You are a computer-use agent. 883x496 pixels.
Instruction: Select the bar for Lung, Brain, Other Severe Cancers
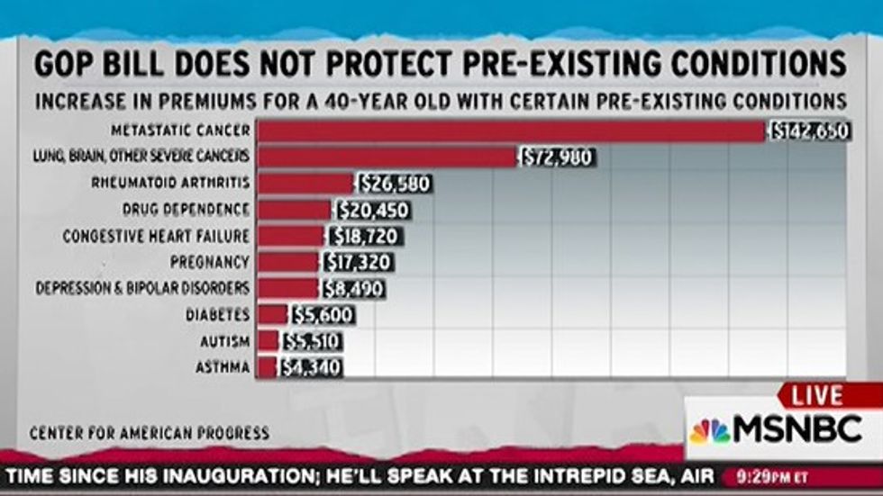coord(387,158)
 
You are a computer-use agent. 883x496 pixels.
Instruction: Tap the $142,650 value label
coord(810,131)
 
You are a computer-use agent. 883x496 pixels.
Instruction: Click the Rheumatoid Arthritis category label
coord(170,184)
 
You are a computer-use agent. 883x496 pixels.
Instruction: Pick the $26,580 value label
coord(395,185)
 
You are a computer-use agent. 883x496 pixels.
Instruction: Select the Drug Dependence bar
coord(295,211)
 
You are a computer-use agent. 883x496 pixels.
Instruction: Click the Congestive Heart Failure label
coord(156,236)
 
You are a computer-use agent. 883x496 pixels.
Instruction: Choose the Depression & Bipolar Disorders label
coord(142,289)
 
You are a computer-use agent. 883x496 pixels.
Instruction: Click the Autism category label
coord(225,342)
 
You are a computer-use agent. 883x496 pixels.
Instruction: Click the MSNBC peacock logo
coord(710,431)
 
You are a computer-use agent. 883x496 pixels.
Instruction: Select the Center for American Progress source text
coord(149,433)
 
